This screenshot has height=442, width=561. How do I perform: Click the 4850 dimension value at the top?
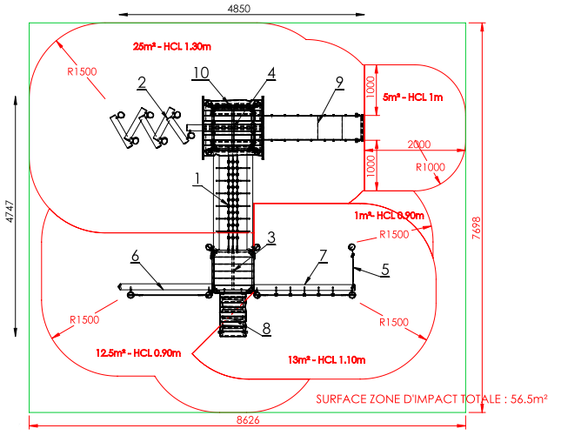pos(238,8)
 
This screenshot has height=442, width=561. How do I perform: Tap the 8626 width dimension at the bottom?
pos(248,420)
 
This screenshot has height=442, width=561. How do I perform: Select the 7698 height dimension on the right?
pos(477,228)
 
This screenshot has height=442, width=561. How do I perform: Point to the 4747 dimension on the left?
pos(10,211)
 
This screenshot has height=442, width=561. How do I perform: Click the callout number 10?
pos(201,73)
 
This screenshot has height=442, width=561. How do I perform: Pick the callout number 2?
pos(142,83)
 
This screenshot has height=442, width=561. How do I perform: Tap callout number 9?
pos(339,83)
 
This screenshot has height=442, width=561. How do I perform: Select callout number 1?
pos(197,178)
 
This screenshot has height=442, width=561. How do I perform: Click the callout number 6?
pos(135,256)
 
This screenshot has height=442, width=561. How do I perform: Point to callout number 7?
pos(323,256)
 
